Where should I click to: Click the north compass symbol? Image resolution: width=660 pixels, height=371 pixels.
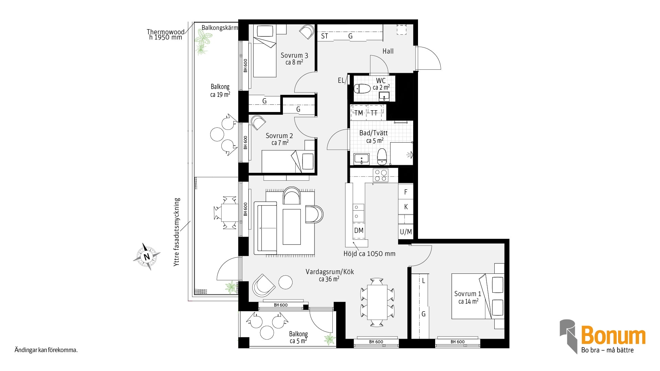tap(147, 257)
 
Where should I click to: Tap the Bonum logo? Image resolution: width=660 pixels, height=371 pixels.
tap(603, 337)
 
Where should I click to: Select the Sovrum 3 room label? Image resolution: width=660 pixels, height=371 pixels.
tap(294, 58)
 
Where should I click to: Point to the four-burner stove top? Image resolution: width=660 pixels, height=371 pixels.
tap(381, 176)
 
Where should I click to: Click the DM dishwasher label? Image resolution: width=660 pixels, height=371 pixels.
tap(359, 231)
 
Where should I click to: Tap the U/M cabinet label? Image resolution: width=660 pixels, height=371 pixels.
tap(406, 232)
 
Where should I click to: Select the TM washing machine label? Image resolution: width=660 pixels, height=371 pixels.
tap(359, 113)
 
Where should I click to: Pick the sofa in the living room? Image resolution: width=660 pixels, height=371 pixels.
tap(265, 228)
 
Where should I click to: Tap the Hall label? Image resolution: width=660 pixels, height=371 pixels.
tap(388, 51)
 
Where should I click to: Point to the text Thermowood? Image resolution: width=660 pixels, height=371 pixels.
tap(166, 32)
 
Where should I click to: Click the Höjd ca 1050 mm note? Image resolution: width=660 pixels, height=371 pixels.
tap(370, 254)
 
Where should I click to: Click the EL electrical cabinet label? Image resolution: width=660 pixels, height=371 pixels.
tap(341, 80)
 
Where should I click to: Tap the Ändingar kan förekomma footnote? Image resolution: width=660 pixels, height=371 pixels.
tap(46, 350)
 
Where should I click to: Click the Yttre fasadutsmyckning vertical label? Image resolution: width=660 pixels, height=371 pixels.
tap(177, 232)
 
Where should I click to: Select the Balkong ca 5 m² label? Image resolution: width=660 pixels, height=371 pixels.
tap(298, 337)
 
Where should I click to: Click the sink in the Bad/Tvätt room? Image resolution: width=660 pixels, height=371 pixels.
tap(361, 159)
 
